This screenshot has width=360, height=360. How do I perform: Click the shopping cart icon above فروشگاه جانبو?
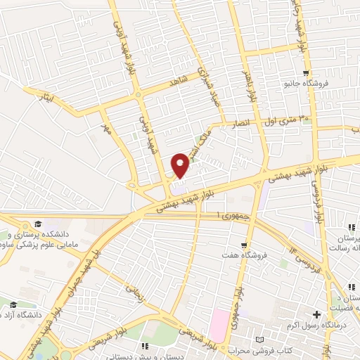(306, 72)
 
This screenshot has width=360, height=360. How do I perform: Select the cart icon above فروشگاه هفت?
(244, 245)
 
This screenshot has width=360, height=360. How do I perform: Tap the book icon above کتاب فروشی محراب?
(262, 340)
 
